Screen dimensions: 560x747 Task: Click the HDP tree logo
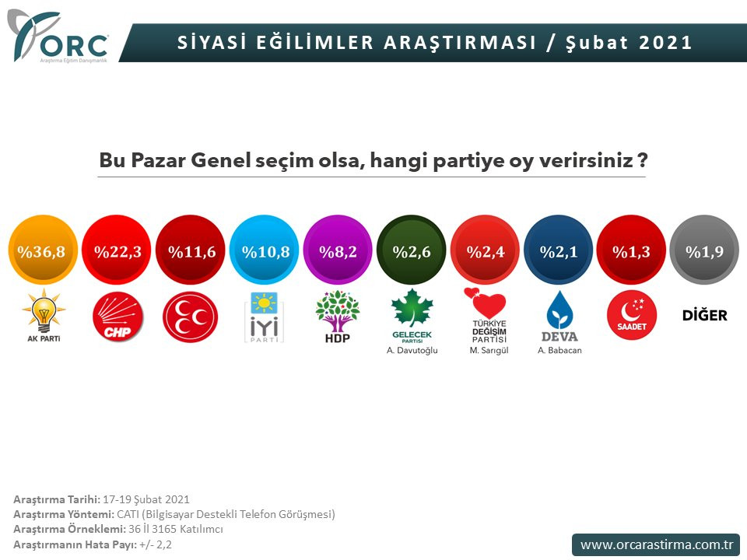click(338, 315)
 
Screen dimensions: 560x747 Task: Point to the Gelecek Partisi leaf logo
click(412, 311)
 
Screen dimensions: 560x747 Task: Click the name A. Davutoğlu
click(412, 350)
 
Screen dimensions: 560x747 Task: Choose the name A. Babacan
click(559, 350)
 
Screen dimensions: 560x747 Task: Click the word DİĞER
click(704, 315)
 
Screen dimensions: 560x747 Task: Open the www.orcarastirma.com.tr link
click(655, 544)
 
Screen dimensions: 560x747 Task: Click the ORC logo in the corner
click(58, 37)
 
